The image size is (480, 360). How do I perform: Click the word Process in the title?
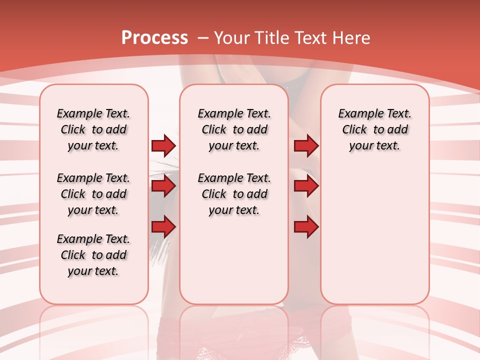154,37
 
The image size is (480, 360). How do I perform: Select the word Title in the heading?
273,37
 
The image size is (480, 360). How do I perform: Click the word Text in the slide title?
311,37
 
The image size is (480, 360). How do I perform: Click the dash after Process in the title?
202,38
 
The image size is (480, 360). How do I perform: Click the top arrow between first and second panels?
163,145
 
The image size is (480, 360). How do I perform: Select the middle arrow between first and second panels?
163,186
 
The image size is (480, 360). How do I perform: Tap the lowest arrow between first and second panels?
163,227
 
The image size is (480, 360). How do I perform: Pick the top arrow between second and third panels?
306,145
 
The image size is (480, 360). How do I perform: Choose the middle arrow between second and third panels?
306,186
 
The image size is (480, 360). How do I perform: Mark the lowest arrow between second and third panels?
306,227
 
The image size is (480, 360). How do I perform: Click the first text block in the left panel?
93,129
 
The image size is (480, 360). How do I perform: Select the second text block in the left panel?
93,194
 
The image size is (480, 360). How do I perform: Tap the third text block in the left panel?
93,255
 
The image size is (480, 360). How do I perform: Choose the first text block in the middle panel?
234,129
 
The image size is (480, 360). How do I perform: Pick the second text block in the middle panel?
234,194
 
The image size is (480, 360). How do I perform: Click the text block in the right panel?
375,129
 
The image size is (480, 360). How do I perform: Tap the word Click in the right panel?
354,130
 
